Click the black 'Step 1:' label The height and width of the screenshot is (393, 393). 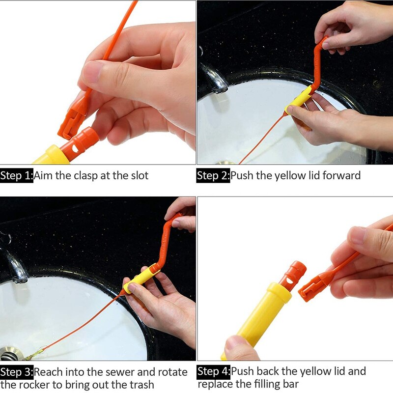pos(17,175)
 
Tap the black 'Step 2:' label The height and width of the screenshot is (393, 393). pos(213,175)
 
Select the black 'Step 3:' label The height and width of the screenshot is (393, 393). pos(17,372)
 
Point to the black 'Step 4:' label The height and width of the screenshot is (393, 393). pos(214,371)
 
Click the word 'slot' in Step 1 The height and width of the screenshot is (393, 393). pos(138,175)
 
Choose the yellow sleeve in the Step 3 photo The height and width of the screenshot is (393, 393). pos(141,279)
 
